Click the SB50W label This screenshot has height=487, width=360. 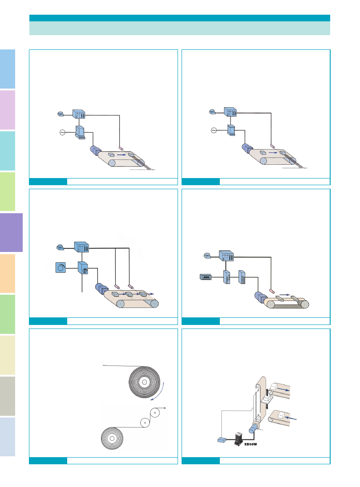point(251,444)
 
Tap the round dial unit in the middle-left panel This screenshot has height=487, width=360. point(61,268)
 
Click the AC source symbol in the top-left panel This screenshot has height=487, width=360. point(62,133)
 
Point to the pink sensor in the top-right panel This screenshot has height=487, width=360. point(272,146)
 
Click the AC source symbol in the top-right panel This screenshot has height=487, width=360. point(214,130)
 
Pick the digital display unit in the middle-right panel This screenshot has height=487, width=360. point(206,277)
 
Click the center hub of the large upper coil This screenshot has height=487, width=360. point(144,382)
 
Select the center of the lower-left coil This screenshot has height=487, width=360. point(112,438)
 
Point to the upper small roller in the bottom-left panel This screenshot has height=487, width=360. point(154,413)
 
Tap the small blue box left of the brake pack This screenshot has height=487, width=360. point(222,440)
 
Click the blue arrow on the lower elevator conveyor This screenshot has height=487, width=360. point(291,418)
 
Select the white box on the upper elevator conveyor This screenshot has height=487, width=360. point(274,387)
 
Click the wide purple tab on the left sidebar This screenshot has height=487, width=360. point(11,232)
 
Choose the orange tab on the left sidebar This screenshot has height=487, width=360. point(8,273)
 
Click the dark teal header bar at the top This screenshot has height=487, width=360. point(180,18)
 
